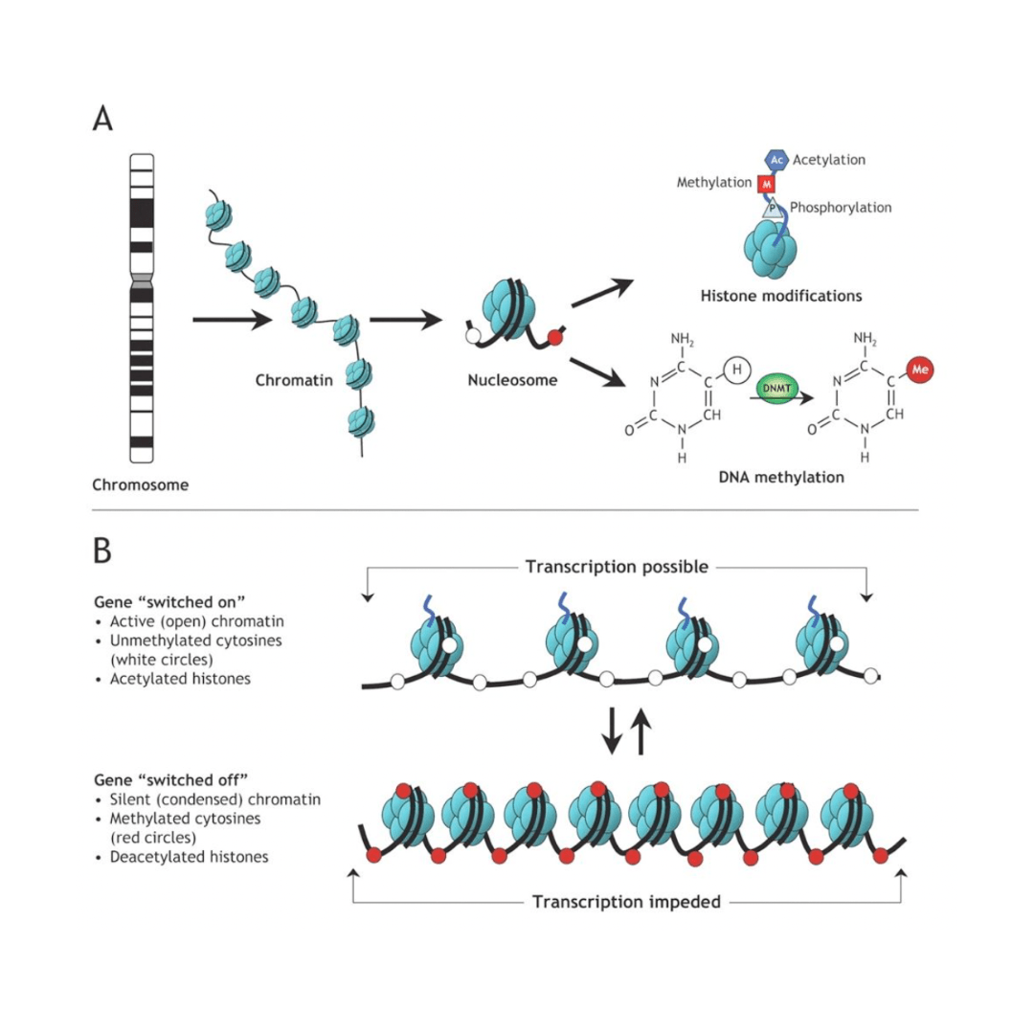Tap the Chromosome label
tap(140, 484)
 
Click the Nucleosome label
tap(512, 380)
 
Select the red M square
tap(766, 183)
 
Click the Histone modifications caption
tap(780, 296)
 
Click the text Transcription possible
tap(617, 567)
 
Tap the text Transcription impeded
tap(626, 901)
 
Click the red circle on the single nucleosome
tap(552, 335)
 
